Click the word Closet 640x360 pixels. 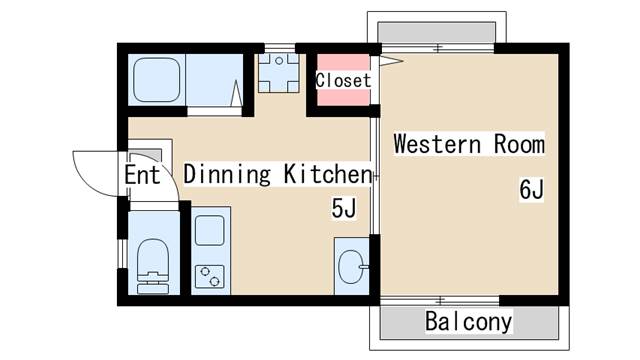click(x=343, y=80)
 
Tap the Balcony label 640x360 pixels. click(x=468, y=322)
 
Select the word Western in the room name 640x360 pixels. click(x=435, y=144)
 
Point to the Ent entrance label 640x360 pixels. click(x=142, y=175)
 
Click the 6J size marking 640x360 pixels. click(x=531, y=189)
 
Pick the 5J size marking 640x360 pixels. click(x=344, y=208)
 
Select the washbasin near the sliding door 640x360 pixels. click(x=351, y=266)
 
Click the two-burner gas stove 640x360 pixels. click(x=211, y=273)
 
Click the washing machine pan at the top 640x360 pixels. click(x=276, y=72)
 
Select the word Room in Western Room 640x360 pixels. click(x=519, y=144)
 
